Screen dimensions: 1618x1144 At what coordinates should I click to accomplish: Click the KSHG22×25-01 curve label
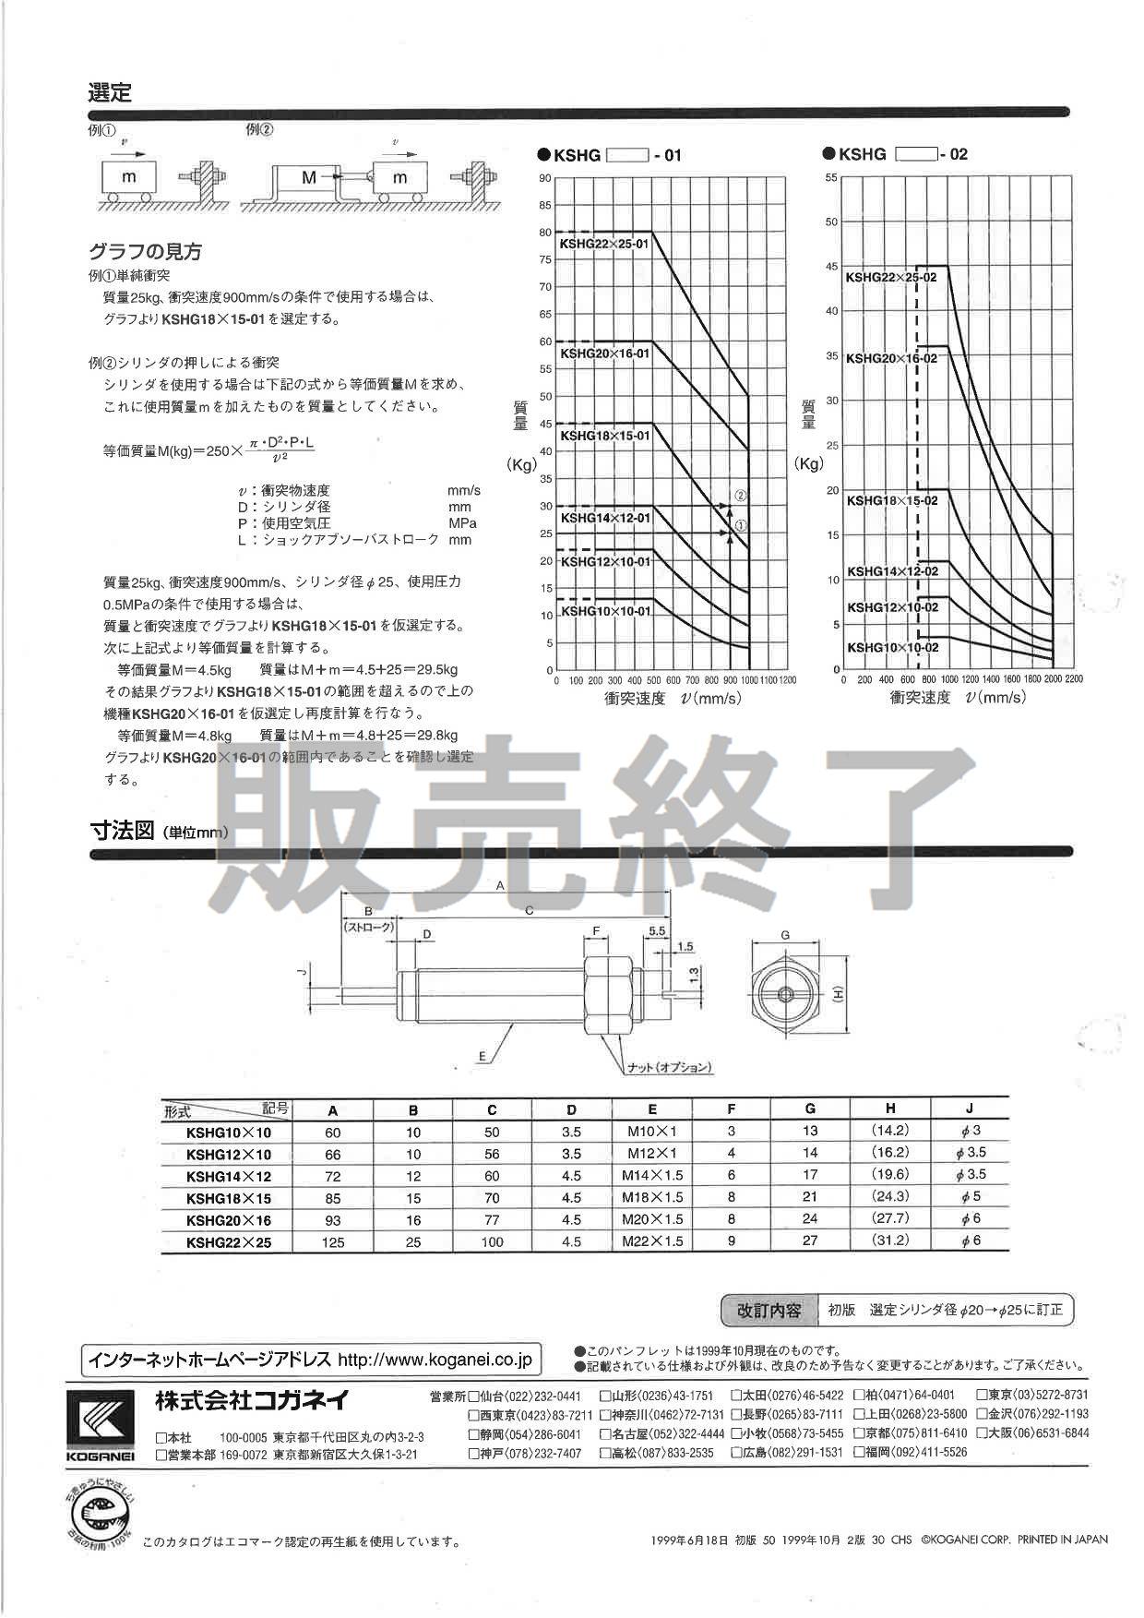click(604, 244)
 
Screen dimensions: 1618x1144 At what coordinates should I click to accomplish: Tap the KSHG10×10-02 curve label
click(892, 648)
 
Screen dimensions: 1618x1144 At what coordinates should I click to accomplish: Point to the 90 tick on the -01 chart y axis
click(545, 178)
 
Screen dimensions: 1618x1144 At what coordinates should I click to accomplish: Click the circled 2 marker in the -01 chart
click(740, 496)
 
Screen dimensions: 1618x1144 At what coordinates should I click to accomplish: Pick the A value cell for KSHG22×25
click(333, 1242)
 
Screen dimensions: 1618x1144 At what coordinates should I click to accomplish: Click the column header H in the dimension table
click(890, 1109)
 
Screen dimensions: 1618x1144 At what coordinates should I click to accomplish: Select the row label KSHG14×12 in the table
click(228, 1177)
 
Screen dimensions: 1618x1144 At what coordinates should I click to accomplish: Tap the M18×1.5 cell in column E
click(652, 1198)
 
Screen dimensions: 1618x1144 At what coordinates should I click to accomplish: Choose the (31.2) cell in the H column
click(890, 1240)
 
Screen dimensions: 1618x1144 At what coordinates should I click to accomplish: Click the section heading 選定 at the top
click(110, 92)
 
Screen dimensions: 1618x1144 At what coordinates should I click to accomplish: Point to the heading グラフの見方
click(145, 251)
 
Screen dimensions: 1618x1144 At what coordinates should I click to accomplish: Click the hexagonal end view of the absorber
click(785, 994)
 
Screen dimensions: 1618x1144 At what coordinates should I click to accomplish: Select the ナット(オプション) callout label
click(669, 1067)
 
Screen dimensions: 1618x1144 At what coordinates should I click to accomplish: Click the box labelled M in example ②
click(309, 176)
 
